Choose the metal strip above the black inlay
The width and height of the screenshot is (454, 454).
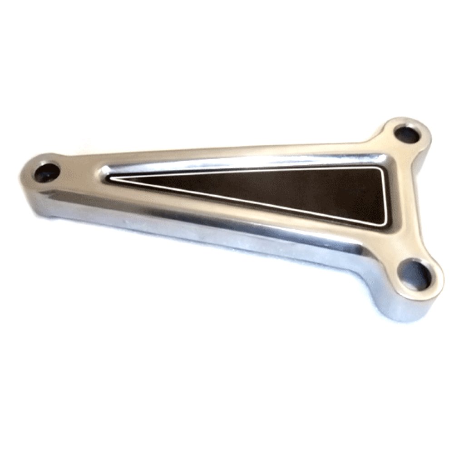[250, 154]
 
